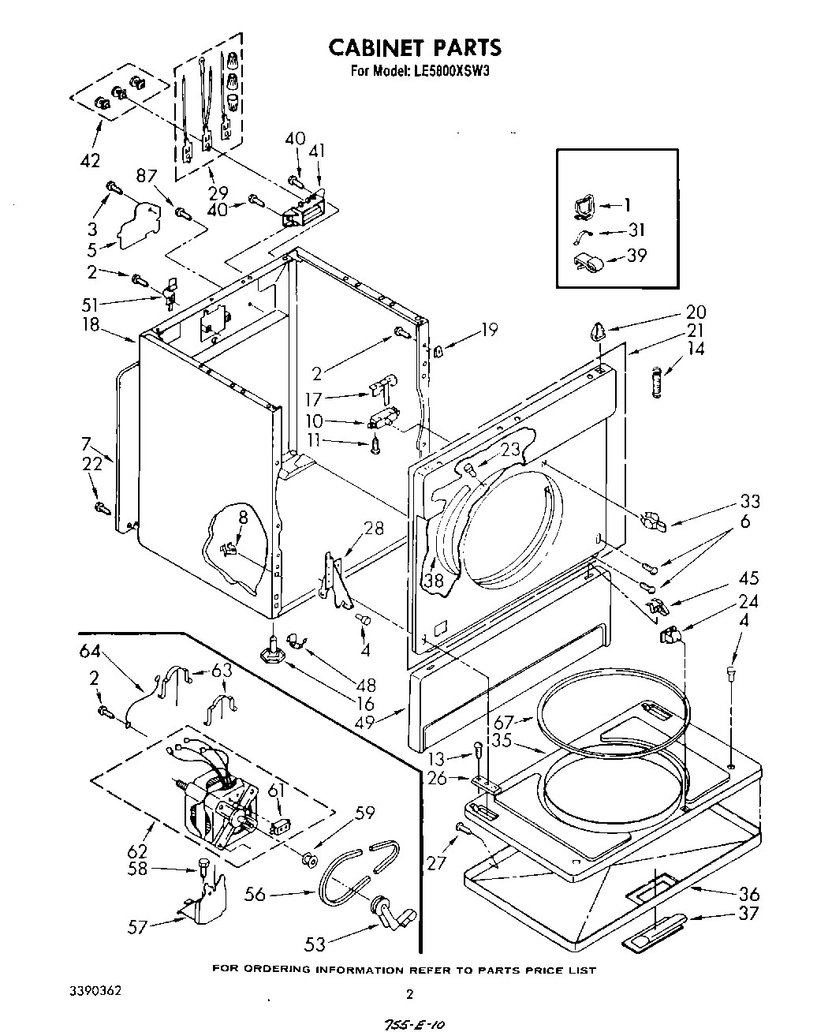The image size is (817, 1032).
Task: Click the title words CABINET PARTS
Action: pos(414,47)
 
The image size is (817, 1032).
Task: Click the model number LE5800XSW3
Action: pos(447,70)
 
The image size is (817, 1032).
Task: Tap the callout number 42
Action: pos(90,160)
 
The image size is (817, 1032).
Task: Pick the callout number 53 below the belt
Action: pos(315,943)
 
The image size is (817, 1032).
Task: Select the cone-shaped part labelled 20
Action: pos(595,330)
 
